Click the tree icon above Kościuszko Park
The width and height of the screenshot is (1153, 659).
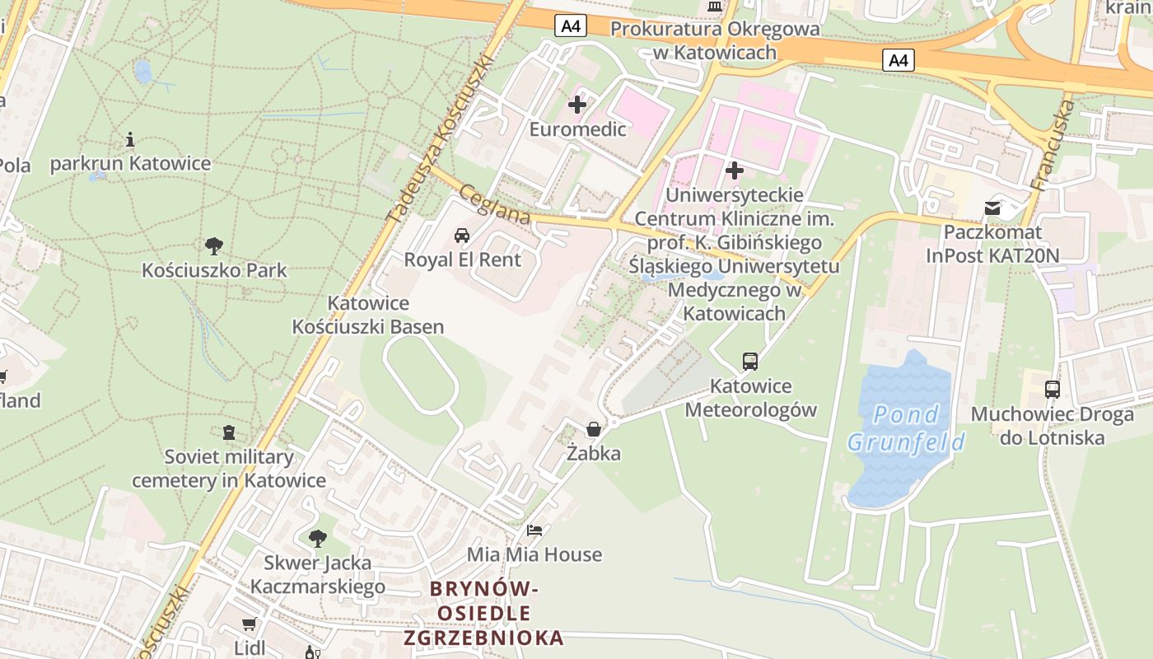(x=214, y=245)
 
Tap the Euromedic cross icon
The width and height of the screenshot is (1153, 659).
(x=577, y=105)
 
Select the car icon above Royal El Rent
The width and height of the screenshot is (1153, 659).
(x=462, y=236)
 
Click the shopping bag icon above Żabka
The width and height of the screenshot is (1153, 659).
(x=593, y=429)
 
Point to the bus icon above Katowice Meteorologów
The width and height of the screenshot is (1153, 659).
(x=750, y=361)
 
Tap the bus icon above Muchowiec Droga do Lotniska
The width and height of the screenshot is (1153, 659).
(x=1053, y=390)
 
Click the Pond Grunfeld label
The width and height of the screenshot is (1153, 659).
(x=906, y=428)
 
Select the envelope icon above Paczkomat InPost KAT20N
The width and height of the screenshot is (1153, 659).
(x=992, y=208)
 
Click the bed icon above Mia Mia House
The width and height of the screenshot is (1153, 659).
(x=534, y=530)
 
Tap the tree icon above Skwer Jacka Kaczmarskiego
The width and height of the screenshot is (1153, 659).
(x=317, y=539)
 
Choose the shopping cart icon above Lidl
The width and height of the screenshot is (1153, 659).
(x=250, y=624)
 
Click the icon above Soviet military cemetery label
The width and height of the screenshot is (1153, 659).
(x=229, y=432)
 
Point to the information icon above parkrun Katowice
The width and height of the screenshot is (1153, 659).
(x=130, y=139)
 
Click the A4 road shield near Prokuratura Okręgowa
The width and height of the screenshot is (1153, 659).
(x=571, y=26)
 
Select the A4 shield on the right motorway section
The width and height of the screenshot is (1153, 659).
(x=899, y=59)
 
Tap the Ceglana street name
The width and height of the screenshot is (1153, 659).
(x=494, y=203)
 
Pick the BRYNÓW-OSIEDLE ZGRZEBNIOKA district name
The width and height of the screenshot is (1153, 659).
(x=484, y=613)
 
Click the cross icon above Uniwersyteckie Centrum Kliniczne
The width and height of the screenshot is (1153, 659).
(x=735, y=171)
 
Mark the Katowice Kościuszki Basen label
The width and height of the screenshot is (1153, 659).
(x=368, y=315)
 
